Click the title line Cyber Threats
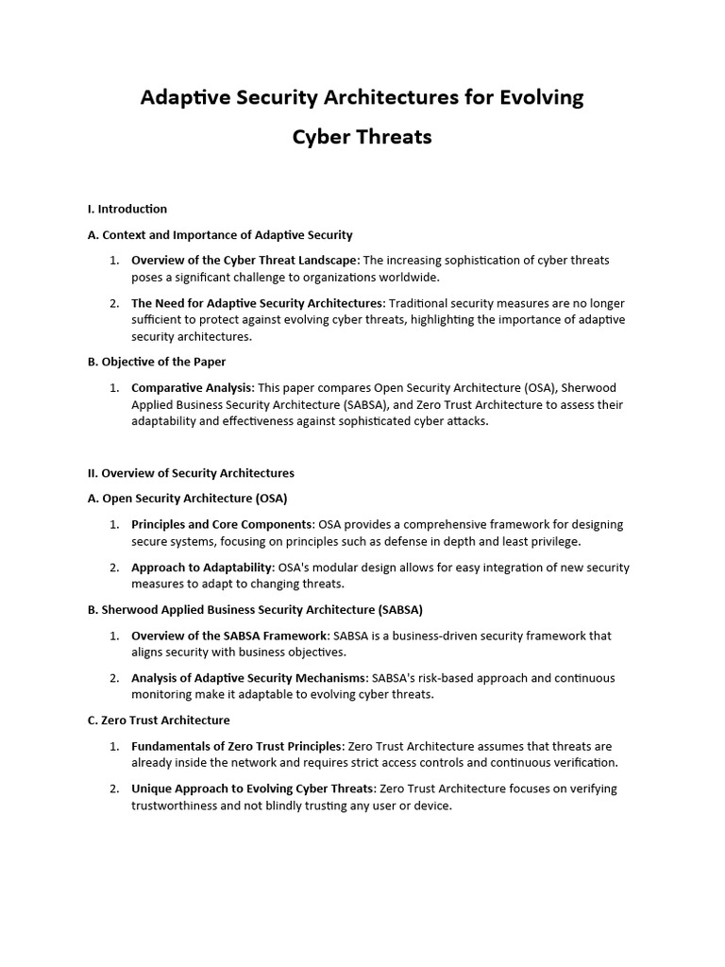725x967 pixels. click(x=362, y=137)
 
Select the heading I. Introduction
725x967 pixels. click(x=127, y=209)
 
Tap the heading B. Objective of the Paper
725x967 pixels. click(x=157, y=362)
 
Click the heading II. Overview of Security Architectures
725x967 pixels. click(x=191, y=473)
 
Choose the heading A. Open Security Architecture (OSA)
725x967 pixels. click(x=187, y=498)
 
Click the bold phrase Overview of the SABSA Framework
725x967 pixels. click(x=229, y=636)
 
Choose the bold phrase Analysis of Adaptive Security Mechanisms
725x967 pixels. click(x=248, y=678)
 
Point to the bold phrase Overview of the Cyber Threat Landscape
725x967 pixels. click(x=244, y=261)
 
